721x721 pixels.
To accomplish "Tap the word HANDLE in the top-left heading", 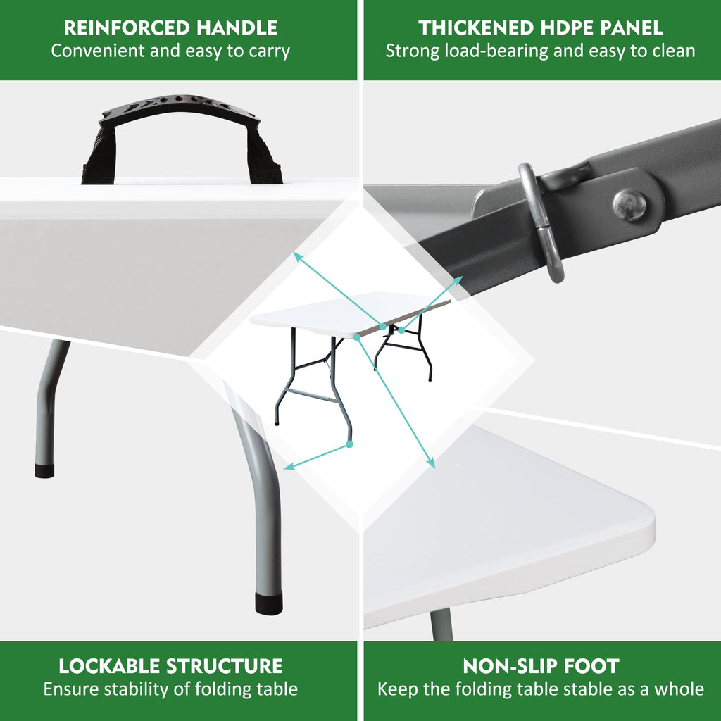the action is coord(237,27).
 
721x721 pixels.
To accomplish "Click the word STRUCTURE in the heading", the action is coord(225,666).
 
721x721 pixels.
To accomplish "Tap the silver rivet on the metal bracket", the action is coord(629,205).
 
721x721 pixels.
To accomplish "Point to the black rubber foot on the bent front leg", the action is coord(268,603).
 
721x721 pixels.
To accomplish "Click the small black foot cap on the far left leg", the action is coord(44,470).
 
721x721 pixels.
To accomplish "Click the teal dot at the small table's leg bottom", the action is coord(349,444).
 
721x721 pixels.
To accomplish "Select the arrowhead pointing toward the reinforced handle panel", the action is coord(298,256).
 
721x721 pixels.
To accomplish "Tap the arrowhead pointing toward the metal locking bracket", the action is coord(458,280).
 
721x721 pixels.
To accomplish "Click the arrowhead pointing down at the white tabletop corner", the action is coord(431,463).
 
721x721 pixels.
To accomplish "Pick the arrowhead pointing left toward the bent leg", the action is coord(289,466).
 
